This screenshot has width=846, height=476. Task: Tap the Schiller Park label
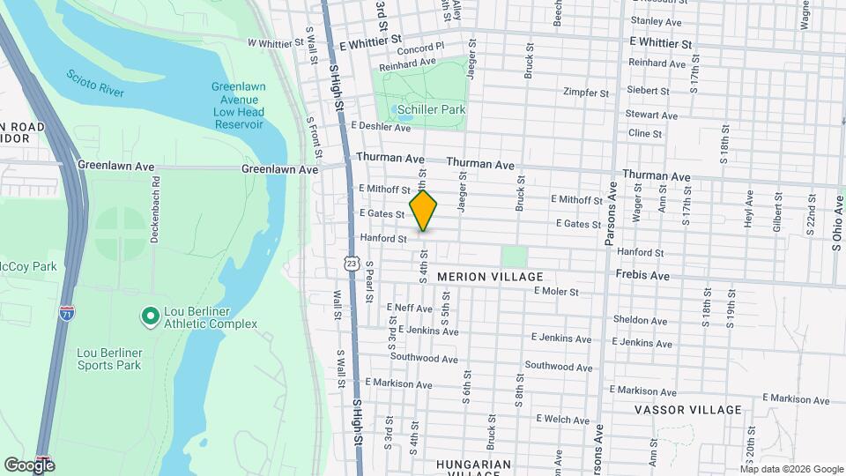[x=431, y=109]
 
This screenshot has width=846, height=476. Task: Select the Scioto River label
[x=95, y=84]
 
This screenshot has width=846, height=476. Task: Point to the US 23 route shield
[x=352, y=263]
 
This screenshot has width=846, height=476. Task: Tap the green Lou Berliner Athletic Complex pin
[x=150, y=315]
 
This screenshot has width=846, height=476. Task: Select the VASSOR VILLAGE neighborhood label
[x=688, y=410]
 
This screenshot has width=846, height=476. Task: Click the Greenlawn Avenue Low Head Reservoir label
[x=237, y=105]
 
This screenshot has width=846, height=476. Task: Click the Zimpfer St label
[x=586, y=92]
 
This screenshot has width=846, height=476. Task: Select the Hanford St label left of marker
[x=383, y=238]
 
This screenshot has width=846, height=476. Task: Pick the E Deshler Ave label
[x=381, y=128]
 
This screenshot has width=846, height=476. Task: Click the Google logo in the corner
[x=29, y=465]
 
